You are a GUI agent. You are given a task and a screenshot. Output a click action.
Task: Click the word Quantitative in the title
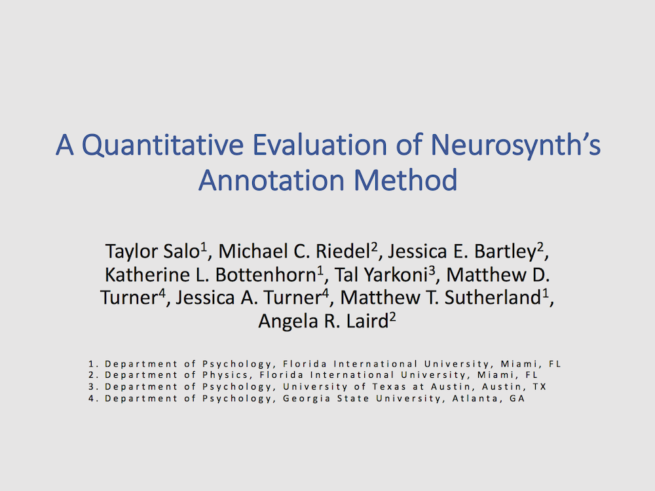(162, 145)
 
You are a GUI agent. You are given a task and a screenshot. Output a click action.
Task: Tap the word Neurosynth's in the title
(515, 145)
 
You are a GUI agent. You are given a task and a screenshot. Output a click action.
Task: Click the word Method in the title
(405, 180)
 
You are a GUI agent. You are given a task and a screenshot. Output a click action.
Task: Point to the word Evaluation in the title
(320, 145)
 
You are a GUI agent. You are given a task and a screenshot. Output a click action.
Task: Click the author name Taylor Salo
(153, 251)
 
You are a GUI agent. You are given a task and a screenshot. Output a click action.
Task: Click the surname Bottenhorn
(266, 275)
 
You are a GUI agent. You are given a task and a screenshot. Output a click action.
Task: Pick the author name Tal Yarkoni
(381, 275)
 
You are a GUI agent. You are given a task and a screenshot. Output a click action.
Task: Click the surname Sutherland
(493, 298)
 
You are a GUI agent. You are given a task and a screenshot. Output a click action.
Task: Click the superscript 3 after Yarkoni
(432, 270)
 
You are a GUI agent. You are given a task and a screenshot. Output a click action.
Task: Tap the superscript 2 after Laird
(392, 317)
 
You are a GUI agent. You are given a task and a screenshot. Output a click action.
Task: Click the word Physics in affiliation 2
(225, 375)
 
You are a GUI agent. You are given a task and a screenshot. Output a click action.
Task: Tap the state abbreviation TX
(539, 387)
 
